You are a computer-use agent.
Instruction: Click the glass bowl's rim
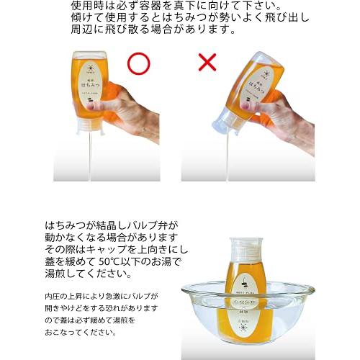(x=248, y=290)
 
